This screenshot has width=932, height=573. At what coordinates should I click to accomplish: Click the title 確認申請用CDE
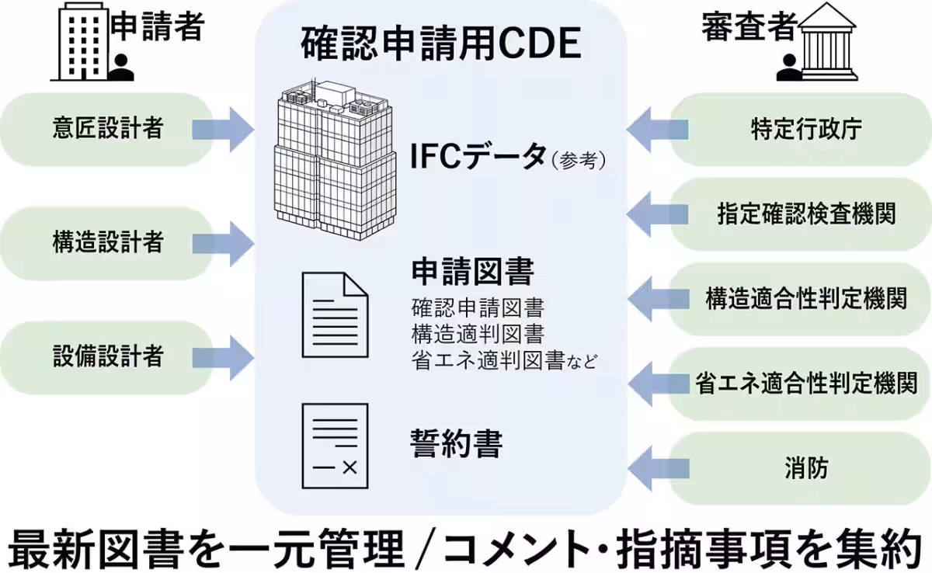pos(440,44)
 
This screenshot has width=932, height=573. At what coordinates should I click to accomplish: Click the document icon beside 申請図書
pos(335,314)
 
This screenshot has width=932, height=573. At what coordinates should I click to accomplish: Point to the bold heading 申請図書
pos(472,273)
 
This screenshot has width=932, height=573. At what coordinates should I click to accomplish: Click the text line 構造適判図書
pos(478,334)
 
